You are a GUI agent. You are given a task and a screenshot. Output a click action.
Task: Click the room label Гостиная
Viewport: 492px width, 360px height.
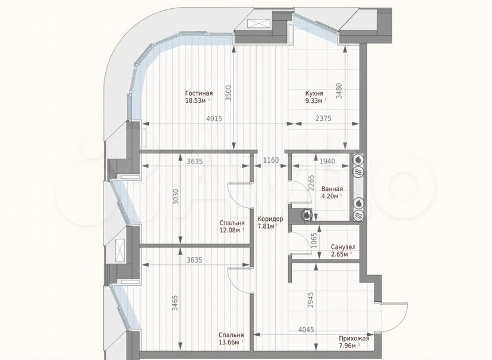199,93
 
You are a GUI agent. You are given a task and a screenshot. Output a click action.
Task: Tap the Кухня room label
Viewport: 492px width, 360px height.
314,93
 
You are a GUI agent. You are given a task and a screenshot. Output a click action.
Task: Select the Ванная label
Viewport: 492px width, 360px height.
332,189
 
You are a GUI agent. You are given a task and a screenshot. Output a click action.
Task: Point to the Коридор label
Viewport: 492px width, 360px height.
270,219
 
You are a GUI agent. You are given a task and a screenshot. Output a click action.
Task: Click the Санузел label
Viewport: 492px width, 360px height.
343,247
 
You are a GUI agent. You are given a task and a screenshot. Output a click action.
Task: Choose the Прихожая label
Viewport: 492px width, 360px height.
354,339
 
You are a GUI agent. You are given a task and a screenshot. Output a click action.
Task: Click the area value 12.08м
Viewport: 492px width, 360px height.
230,230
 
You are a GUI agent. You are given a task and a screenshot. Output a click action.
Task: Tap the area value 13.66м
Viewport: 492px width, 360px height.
229,342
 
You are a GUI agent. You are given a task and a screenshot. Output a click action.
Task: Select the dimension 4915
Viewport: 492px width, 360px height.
215,119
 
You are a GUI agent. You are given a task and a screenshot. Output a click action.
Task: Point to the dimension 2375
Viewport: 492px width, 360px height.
323,118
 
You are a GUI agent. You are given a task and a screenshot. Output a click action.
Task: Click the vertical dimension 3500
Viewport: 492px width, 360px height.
228,93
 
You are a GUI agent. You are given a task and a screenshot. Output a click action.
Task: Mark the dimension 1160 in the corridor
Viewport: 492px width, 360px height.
271,160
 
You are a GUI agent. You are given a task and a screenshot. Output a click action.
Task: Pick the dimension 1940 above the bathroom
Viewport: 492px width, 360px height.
327,161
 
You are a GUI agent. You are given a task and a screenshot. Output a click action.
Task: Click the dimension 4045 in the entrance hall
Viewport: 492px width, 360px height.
306,330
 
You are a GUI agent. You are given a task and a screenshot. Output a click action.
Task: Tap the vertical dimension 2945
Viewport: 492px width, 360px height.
311,300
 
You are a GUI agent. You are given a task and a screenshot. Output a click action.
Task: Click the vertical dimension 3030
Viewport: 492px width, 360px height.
176,197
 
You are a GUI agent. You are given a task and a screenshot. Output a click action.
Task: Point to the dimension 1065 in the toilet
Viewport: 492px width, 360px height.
315,241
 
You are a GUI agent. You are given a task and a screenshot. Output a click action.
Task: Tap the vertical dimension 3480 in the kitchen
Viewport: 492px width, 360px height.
339,91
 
